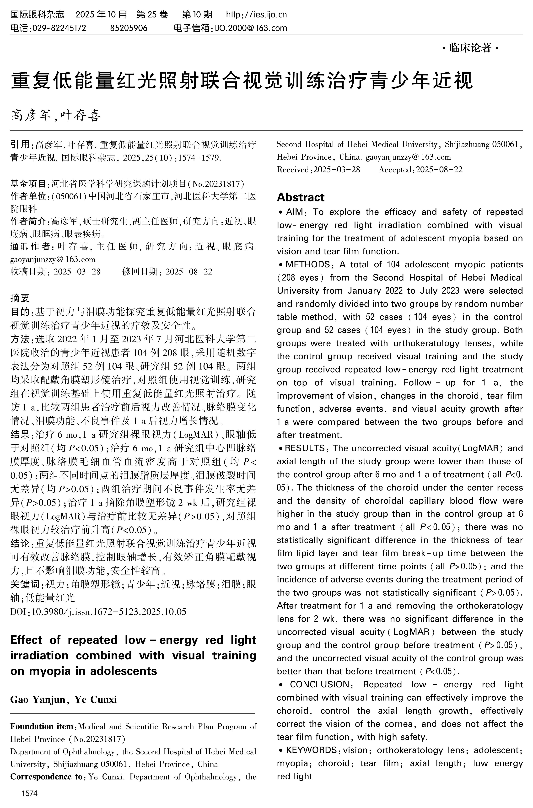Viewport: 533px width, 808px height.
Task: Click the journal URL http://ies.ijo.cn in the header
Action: [x=256, y=15]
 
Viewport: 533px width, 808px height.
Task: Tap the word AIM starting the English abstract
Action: [x=294, y=212]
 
